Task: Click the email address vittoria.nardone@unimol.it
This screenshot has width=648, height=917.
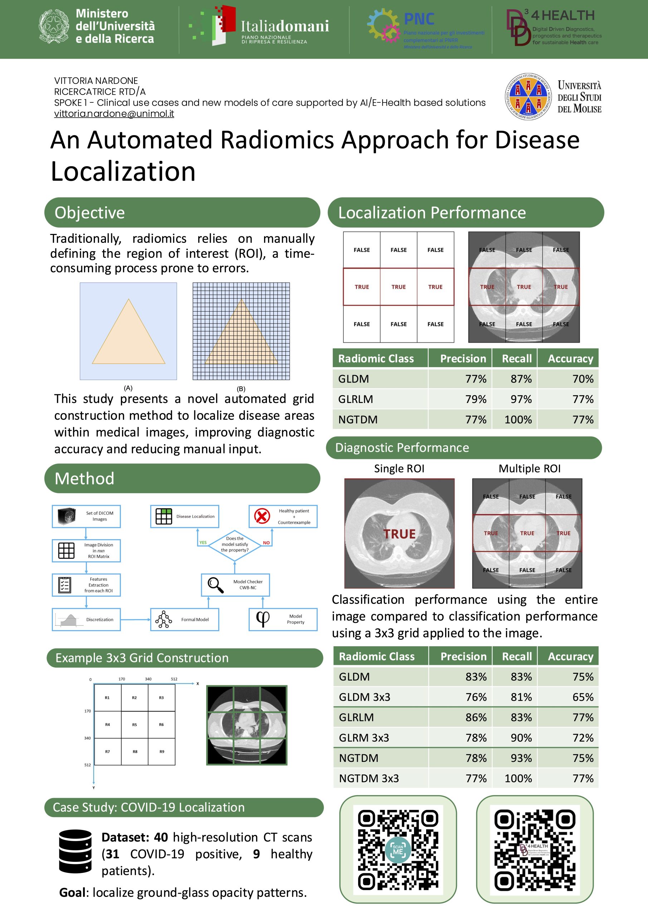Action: [x=114, y=114]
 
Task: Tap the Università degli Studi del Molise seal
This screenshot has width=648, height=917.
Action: [x=528, y=97]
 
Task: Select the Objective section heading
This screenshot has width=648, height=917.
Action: [x=90, y=212]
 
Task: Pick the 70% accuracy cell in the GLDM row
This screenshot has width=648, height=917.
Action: [x=583, y=379]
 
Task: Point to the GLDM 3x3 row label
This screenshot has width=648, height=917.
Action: [x=364, y=697]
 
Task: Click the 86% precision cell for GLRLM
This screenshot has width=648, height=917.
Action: [x=476, y=717]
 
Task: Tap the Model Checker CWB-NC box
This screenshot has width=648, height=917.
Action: [x=235, y=585]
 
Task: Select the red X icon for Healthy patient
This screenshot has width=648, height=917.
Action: [x=262, y=516]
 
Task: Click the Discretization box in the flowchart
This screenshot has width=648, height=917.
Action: [x=86, y=619]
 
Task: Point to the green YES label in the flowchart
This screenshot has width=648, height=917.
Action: [x=203, y=542]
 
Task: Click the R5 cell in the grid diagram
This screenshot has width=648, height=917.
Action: [x=135, y=725]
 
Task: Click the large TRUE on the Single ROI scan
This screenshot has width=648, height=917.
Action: [x=399, y=534]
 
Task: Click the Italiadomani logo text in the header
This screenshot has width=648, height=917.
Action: [x=284, y=27]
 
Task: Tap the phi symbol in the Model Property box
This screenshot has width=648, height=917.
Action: [x=263, y=619]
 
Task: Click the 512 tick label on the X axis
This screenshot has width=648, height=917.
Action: [x=174, y=679]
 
